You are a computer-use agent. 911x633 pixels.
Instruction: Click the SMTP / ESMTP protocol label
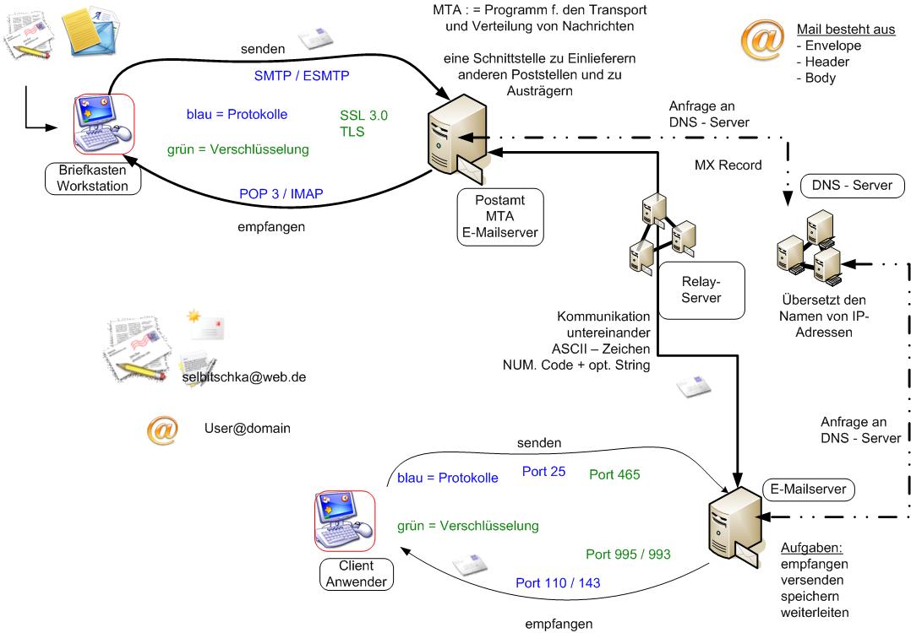pos(302,75)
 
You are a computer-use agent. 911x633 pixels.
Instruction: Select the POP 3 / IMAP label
pos(281,194)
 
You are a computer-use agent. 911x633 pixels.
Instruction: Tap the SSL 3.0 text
pos(363,116)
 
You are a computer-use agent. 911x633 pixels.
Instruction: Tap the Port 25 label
pos(543,472)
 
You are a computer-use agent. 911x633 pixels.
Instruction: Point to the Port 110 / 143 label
pos(558,582)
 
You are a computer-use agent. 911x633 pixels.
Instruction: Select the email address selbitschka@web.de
pos(243,376)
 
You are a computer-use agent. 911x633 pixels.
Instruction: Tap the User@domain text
pos(247,429)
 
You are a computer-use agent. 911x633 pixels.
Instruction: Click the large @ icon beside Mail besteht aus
pos(761,42)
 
